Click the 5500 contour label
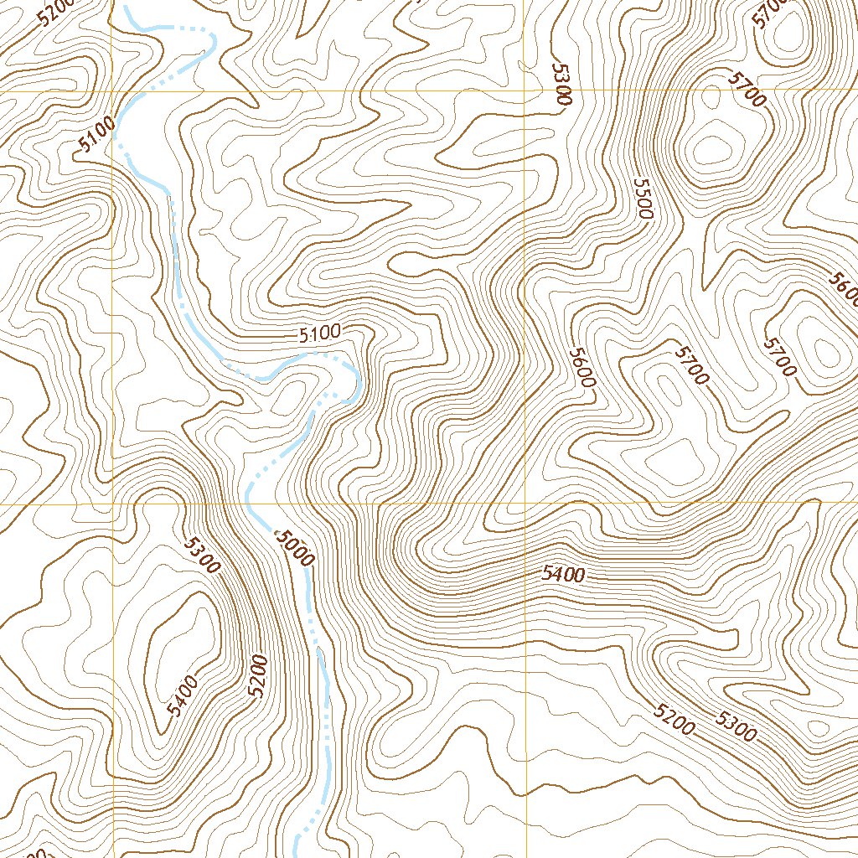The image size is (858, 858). (643, 199)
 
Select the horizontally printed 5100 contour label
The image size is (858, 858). (319, 333)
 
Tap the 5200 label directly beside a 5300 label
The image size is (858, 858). (675, 717)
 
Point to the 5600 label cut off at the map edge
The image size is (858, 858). (845, 289)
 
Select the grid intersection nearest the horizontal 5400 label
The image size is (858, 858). (525, 504)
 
